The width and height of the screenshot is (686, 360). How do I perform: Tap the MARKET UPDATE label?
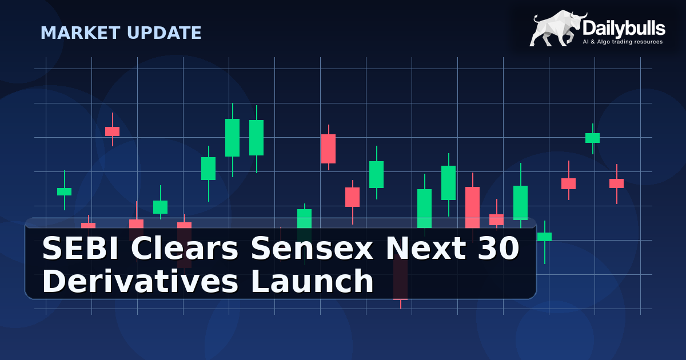click(121, 33)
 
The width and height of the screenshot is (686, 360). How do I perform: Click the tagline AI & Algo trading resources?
click(622, 42)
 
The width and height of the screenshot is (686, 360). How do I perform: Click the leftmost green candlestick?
click(64, 191)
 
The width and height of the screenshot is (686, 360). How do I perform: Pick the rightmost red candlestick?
click(616, 183)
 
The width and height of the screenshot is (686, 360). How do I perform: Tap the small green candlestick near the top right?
click(592, 138)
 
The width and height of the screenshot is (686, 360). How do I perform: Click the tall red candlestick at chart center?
click(328, 149)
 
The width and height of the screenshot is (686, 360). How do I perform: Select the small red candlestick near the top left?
click(112, 131)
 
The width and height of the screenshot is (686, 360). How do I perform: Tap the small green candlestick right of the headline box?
click(545, 237)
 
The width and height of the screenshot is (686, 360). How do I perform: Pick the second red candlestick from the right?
click(568, 183)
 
